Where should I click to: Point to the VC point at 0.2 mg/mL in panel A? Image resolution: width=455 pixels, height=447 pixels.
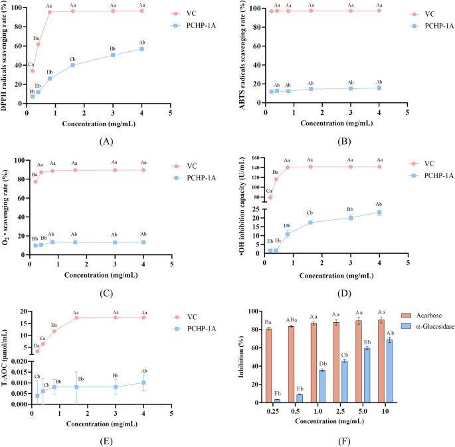tap(32, 70)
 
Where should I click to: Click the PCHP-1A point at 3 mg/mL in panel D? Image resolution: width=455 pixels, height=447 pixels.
tap(351, 217)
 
